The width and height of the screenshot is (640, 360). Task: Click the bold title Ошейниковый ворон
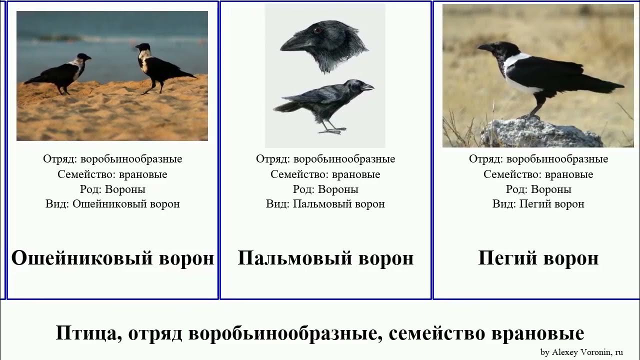pyautogui.click(x=112, y=258)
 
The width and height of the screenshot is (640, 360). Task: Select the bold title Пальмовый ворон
pyautogui.click(x=325, y=258)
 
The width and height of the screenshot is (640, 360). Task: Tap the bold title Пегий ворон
pyautogui.click(x=538, y=258)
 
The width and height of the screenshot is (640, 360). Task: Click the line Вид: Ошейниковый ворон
pyautogui.click(x=112, y=204)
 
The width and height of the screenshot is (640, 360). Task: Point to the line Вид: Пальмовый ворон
pyautogui.click(x=325, y=204)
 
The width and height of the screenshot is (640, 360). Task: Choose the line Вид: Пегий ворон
pyautogui.click(x=538, y=204)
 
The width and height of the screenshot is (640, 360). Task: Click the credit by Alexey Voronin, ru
pyautogui.click(x=581, y=352)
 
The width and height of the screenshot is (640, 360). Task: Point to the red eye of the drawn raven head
pyautogui.click(x=317, y=30)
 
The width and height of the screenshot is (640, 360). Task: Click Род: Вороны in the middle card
pyautogui.click(x=325, y=189)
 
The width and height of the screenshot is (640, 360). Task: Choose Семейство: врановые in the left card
pyautogui.click(x=112, y=174)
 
